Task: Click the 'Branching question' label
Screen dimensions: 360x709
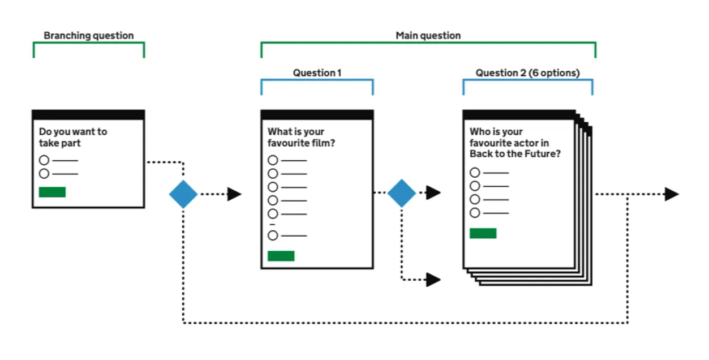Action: coord(89,36)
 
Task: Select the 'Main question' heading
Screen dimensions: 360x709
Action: coord(428,36)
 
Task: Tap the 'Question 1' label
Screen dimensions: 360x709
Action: coord(317,73)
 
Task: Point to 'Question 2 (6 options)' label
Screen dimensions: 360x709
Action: coord(527,73)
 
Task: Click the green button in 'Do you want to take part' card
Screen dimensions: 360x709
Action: coord(52,192)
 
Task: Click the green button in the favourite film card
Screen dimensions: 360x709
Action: coord(281,256)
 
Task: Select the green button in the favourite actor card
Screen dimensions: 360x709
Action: coord(483,233)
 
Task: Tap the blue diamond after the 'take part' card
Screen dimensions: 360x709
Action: coord(183,194)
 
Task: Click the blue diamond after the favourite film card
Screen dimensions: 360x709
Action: coord(402,193)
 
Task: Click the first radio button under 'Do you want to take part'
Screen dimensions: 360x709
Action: coord(44,160)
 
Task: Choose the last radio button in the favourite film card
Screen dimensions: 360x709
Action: coord(273,235)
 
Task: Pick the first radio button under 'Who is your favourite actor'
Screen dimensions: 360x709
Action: coord(475,173)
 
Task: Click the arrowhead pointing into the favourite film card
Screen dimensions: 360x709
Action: coord(234,194)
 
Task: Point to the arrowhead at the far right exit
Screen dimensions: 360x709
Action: coord(672,194)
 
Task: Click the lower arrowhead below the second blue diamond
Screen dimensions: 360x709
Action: coord(433,279)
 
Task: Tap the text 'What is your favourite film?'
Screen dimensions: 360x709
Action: coord(301,138)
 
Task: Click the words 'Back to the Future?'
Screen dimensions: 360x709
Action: coord(515,154)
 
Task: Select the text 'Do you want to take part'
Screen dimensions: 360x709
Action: coord(72,138)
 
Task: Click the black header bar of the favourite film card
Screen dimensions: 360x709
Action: coord(317,115)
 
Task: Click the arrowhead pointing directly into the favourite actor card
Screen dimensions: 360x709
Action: coord(433,192)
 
